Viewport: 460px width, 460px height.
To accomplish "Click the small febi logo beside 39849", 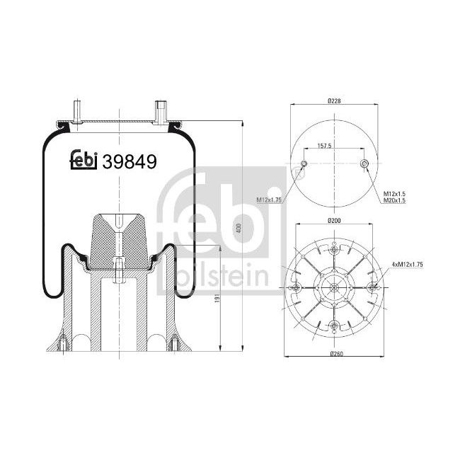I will point(84,161).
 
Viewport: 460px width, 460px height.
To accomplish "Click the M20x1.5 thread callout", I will point(395,201).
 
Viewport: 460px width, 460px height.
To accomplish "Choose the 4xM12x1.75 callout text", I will point(409,263).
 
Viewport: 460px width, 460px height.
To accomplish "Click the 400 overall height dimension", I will point(239,227).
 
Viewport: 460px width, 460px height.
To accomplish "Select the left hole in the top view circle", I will point(304,166).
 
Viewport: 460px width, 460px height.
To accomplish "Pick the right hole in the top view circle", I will point(364,166).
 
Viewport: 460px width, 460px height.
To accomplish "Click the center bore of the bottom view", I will point(334,288).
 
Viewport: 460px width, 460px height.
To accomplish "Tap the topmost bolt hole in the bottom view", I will point(334,248).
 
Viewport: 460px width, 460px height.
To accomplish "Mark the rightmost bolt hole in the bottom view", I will point(374,288).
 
